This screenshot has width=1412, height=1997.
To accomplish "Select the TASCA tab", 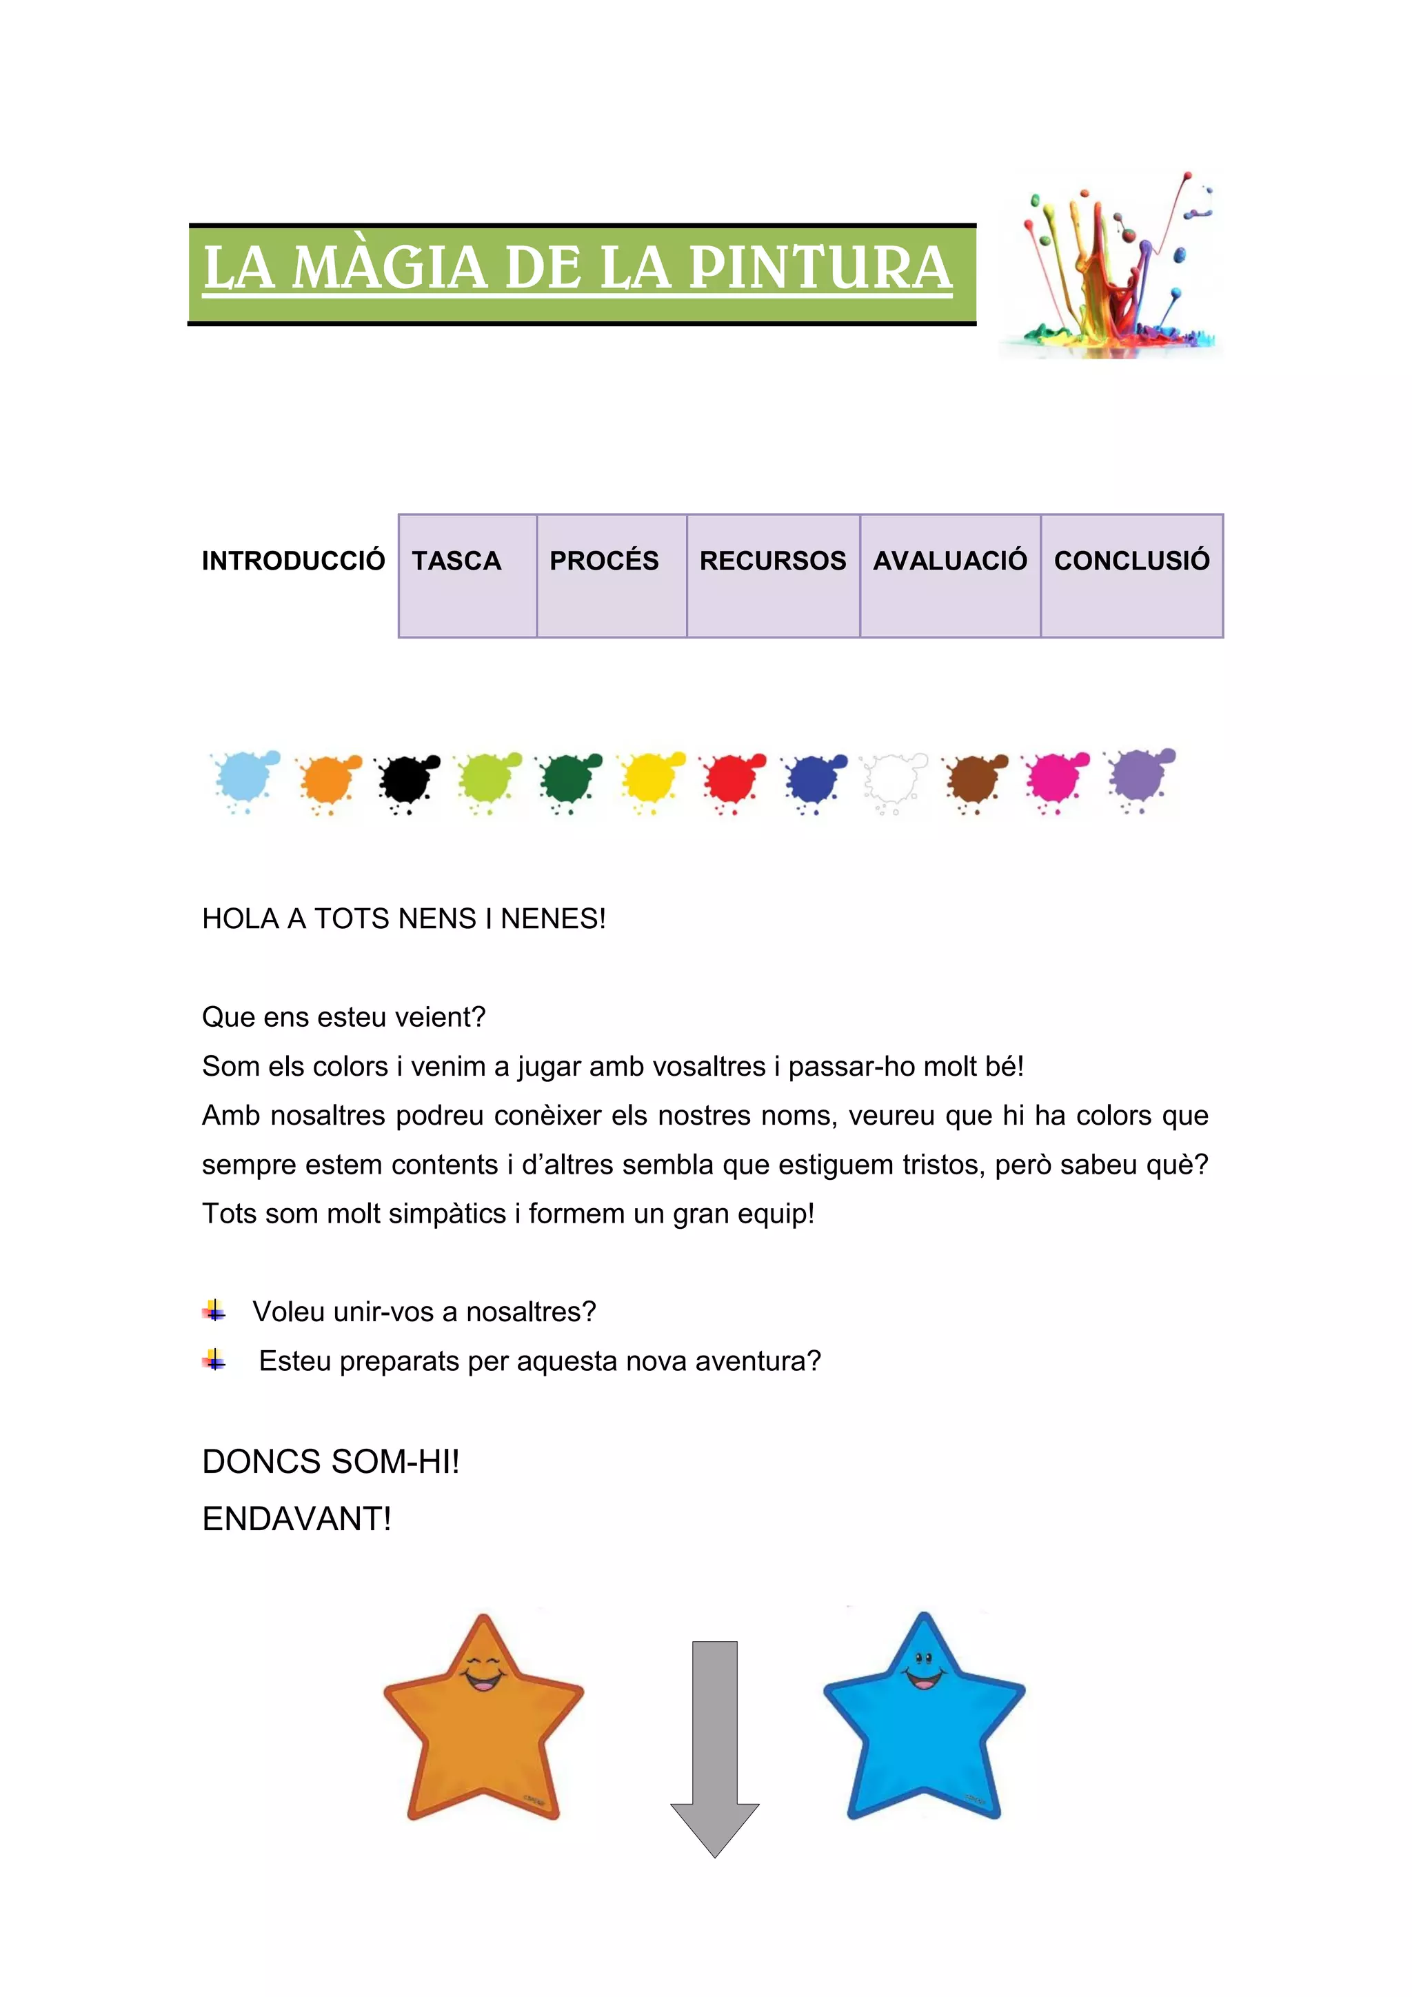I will coord(456,561).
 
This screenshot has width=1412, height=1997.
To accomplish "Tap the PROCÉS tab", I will coord(604,561).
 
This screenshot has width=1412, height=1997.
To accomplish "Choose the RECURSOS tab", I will coord(772,561).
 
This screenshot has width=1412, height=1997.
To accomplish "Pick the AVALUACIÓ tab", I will coord(949,561).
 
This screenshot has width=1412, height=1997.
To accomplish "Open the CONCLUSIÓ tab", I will coord(1131,561).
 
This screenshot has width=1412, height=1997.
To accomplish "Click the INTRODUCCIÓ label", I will coord(293,561).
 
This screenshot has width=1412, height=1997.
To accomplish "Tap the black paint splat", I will coord(406,779).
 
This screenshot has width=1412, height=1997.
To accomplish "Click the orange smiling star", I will coord(483,1731).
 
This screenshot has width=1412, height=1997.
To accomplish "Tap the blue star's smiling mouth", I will coord(925,1678).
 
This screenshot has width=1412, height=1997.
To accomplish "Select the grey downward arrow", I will coord(715,1748).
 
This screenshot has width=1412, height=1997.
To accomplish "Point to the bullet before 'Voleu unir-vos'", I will coord(214,1311).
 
